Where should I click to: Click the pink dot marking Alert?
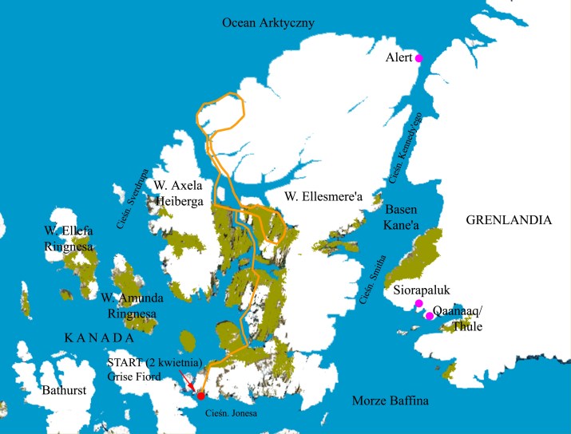418,57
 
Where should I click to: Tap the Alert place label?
398,57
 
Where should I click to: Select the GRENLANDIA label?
509,219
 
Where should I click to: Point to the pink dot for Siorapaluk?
418,304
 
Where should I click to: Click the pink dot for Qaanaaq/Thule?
430,317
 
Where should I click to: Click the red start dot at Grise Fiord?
200,395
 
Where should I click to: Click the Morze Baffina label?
391,400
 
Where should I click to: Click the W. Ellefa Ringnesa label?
69,239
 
